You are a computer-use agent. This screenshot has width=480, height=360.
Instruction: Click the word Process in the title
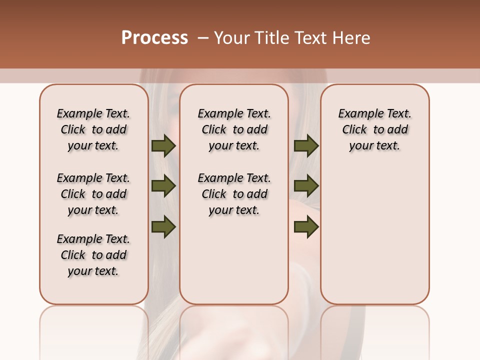(154, 38)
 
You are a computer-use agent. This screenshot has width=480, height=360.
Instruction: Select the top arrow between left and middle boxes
(163, 146)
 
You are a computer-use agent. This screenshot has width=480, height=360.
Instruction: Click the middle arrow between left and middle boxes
(163, 186)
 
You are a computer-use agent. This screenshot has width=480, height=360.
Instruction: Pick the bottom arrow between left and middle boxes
(163, 227)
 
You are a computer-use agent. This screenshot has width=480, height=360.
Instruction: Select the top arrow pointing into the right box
(306, 146)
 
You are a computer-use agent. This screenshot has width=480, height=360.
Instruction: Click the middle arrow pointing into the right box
(306, 186)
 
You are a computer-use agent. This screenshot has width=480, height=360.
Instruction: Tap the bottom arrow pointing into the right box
(306, 227)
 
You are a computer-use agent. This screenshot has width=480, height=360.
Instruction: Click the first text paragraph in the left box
(93, 129)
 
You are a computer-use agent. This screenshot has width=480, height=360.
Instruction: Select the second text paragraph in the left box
(93, 194)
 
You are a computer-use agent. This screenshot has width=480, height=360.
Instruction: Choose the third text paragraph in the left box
(93, 255)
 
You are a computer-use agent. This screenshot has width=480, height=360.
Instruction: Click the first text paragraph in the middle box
(234, 129)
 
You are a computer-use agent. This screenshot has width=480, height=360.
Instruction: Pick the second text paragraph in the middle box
(234, 194)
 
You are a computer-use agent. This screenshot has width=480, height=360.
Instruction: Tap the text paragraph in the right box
(374, 129)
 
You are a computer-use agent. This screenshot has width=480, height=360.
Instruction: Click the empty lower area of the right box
(374, 235)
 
